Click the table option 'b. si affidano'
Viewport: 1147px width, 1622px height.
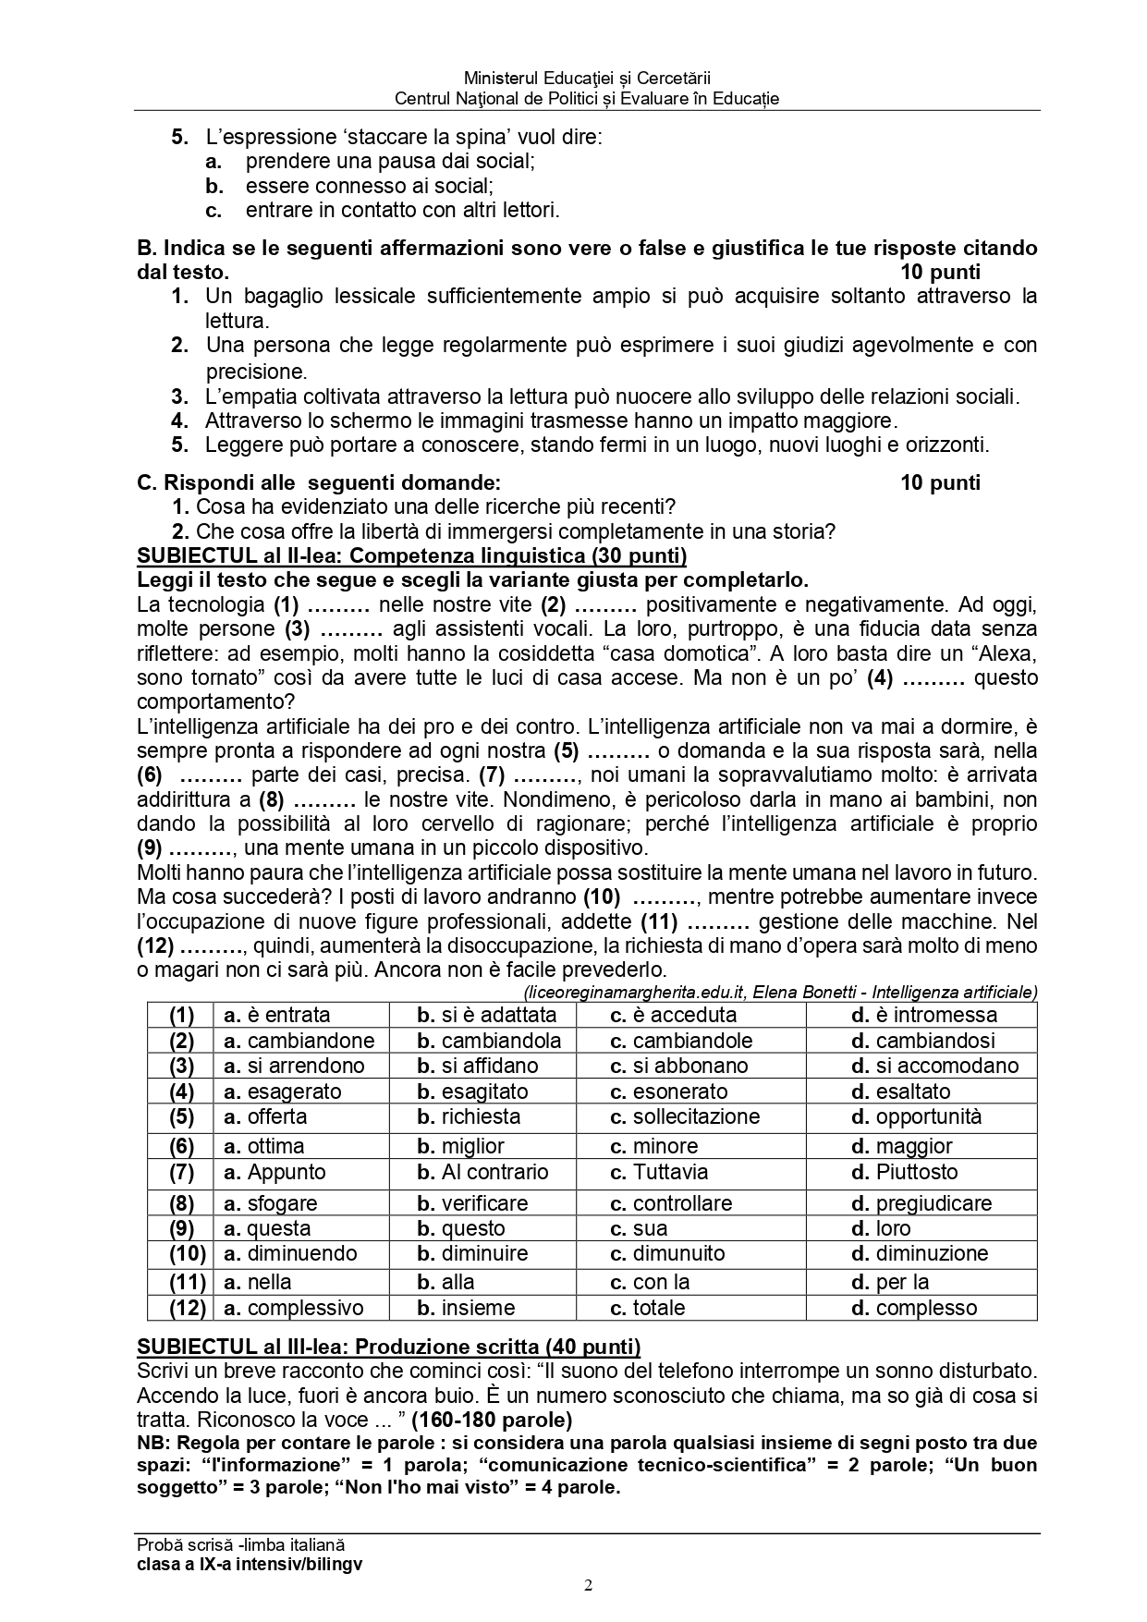click(477, 1066)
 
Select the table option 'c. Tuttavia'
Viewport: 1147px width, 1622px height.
click(658, 1172)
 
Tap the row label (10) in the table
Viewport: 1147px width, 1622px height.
click(181, 1253)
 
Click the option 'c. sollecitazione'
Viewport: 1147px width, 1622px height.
click(684, 1116)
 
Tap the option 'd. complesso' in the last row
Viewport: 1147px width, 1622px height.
click(913, 1308)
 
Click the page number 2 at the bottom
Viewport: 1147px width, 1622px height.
click(588, 1587)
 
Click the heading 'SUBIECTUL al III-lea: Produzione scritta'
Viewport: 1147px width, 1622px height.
click(388, 1346)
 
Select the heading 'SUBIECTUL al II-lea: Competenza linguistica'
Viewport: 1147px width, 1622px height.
click(411, 555)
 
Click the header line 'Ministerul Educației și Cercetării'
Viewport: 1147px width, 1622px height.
click(587, 79)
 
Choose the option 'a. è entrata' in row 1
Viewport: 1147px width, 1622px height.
click(276, 1015)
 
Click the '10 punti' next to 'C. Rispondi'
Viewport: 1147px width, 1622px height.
click(940, 482)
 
